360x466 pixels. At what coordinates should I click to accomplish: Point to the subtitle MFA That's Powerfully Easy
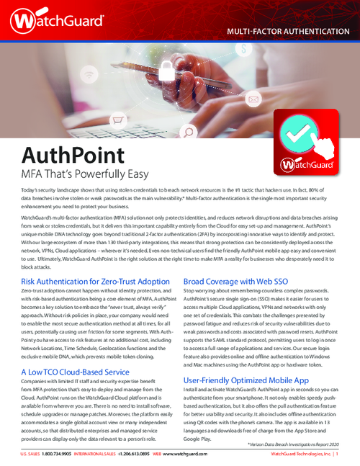pyautogui.click(x=86, y=174)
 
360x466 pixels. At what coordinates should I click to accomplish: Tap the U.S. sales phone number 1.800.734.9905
pyautogui.click(x=59, y=454)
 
